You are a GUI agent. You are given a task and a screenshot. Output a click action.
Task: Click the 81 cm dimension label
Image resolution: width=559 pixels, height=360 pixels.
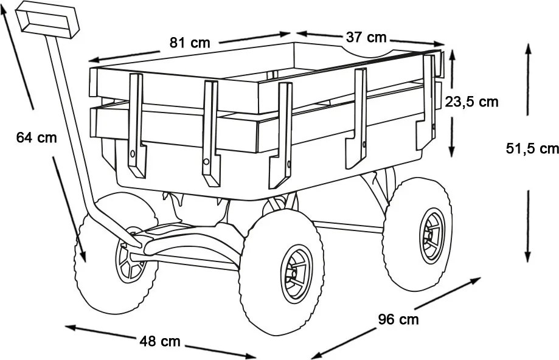coord(190,43)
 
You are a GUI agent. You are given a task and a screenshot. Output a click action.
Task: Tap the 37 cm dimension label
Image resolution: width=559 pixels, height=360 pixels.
coord(366,37)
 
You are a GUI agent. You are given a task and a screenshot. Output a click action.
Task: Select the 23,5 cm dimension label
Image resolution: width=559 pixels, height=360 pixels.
coord(471,102)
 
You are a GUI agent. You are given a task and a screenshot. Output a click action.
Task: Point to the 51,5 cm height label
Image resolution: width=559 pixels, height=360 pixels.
coord(532,148)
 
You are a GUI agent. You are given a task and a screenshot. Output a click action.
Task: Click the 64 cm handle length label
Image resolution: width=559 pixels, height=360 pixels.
coord(36,137)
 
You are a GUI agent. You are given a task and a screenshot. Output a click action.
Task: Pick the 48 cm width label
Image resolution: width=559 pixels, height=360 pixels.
coord(160,342)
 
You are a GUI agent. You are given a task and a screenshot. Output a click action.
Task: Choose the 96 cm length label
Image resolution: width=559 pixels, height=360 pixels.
coord(398,319)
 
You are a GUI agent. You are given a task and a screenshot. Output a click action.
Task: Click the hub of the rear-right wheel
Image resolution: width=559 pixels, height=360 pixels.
coord(432,236)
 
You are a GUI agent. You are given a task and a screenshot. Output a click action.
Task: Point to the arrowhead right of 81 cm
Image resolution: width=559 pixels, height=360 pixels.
coord(286,34)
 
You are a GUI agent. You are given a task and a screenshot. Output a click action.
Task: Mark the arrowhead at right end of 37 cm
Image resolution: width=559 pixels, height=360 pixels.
coord(439,44)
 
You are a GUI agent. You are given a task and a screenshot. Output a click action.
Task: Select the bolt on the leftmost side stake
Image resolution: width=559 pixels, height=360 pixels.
coord(133,154)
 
